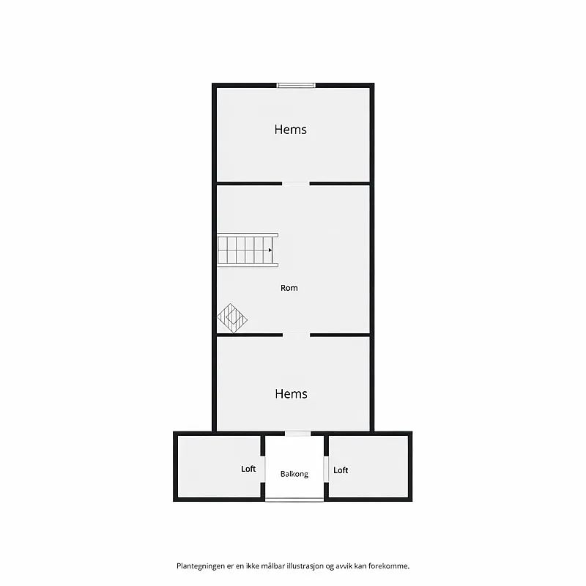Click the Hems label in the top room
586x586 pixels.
point(290,130)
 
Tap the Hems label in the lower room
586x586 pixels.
point(291,394)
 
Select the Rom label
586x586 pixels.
point(289,288)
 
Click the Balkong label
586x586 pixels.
point(294,474)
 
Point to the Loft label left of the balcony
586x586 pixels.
point(248,469)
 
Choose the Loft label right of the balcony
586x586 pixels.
point(341,470)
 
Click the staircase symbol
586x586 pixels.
point(248,250)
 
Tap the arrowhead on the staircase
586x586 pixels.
point(270,250)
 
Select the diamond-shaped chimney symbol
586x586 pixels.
point(232,318)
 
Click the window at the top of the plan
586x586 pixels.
point(296,85)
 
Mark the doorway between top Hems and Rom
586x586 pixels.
point(296,184)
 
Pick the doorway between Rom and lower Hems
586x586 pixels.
point(297,335)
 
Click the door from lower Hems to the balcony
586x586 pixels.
point(298,434)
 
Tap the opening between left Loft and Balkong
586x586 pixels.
point(263,469)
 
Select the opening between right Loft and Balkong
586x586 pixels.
point(326,470)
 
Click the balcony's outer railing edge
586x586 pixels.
point(294,500)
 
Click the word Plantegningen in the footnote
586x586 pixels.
point(201,566)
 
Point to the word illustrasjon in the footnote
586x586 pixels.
point(305,566)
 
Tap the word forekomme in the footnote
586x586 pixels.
point(388,566)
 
